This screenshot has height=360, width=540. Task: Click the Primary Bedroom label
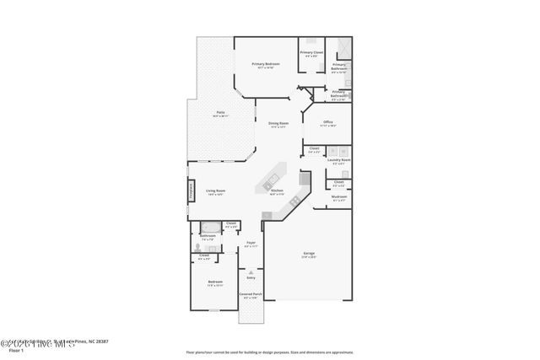[x=266, y=64]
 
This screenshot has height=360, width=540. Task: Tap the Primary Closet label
[x=311, y=53]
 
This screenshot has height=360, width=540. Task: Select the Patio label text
[x=219, y=113]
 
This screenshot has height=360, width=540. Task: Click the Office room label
[x=328, y=122]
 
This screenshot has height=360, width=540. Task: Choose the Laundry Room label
[x=339, y=160]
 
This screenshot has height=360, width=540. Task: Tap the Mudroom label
[x=338, y=197]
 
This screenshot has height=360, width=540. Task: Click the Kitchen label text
[x=276, y=191]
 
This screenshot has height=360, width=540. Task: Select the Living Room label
[x=216, y=191]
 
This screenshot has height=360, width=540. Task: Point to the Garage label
[x=309, y=254]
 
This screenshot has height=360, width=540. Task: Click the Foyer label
[x=251, y=243]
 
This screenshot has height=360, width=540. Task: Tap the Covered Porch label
[x=251, y=295]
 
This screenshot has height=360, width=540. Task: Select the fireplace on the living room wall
[x=191, y=192]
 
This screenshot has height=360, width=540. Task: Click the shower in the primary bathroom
[x=343, y=46]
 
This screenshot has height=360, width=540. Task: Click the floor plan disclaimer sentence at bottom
[x=269, y=352]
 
